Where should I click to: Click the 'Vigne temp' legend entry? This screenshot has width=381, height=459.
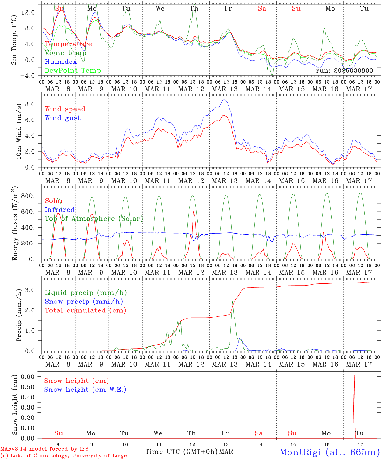pos(65,53)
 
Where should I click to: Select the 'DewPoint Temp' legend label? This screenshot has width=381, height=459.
pos(73,71)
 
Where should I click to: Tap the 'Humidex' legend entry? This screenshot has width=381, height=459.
pos(61,62)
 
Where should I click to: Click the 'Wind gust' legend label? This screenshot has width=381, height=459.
pos(63,118)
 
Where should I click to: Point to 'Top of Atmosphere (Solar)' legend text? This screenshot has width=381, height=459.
pos(93,219)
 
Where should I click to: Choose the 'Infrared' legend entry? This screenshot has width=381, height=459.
pos(60,210)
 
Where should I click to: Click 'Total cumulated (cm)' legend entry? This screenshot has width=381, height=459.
pos(85,310)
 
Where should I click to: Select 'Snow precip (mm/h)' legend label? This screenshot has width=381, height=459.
pos(84,302)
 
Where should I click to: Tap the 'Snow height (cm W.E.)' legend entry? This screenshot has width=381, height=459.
pos(85,390)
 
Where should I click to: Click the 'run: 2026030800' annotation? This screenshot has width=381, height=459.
pos(344,71)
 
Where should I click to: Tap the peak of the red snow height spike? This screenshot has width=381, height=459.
pos(354,375)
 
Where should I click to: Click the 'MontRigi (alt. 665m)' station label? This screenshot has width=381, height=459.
pos(330,452)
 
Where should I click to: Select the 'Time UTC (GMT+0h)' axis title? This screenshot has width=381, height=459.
pos(181,452)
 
